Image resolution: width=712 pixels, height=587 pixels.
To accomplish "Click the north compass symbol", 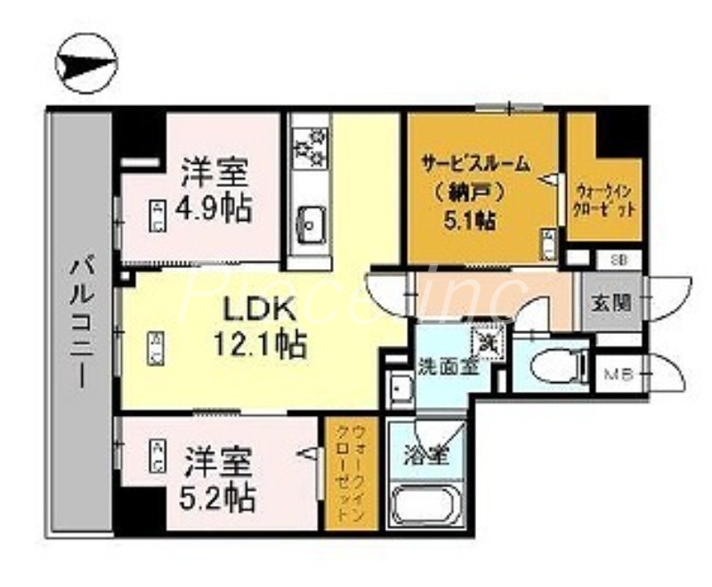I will pyautogui.click(x=85, y=63).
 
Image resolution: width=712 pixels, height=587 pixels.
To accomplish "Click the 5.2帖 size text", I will pyautogui.click(x=220, y=496).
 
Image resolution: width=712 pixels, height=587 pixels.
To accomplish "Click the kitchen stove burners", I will pyautogui.click(x=310, y=147).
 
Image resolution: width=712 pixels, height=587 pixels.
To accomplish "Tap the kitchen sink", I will pyautogui.click(x=309, y=219).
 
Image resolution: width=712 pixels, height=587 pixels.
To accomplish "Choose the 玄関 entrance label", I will pyautogui.click(x=611, y=302).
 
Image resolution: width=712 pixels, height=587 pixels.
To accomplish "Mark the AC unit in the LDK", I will pyautogui.click(x=155, y=346).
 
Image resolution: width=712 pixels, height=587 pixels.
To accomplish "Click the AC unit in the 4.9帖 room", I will pyautogui.click(x=157, y=216).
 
